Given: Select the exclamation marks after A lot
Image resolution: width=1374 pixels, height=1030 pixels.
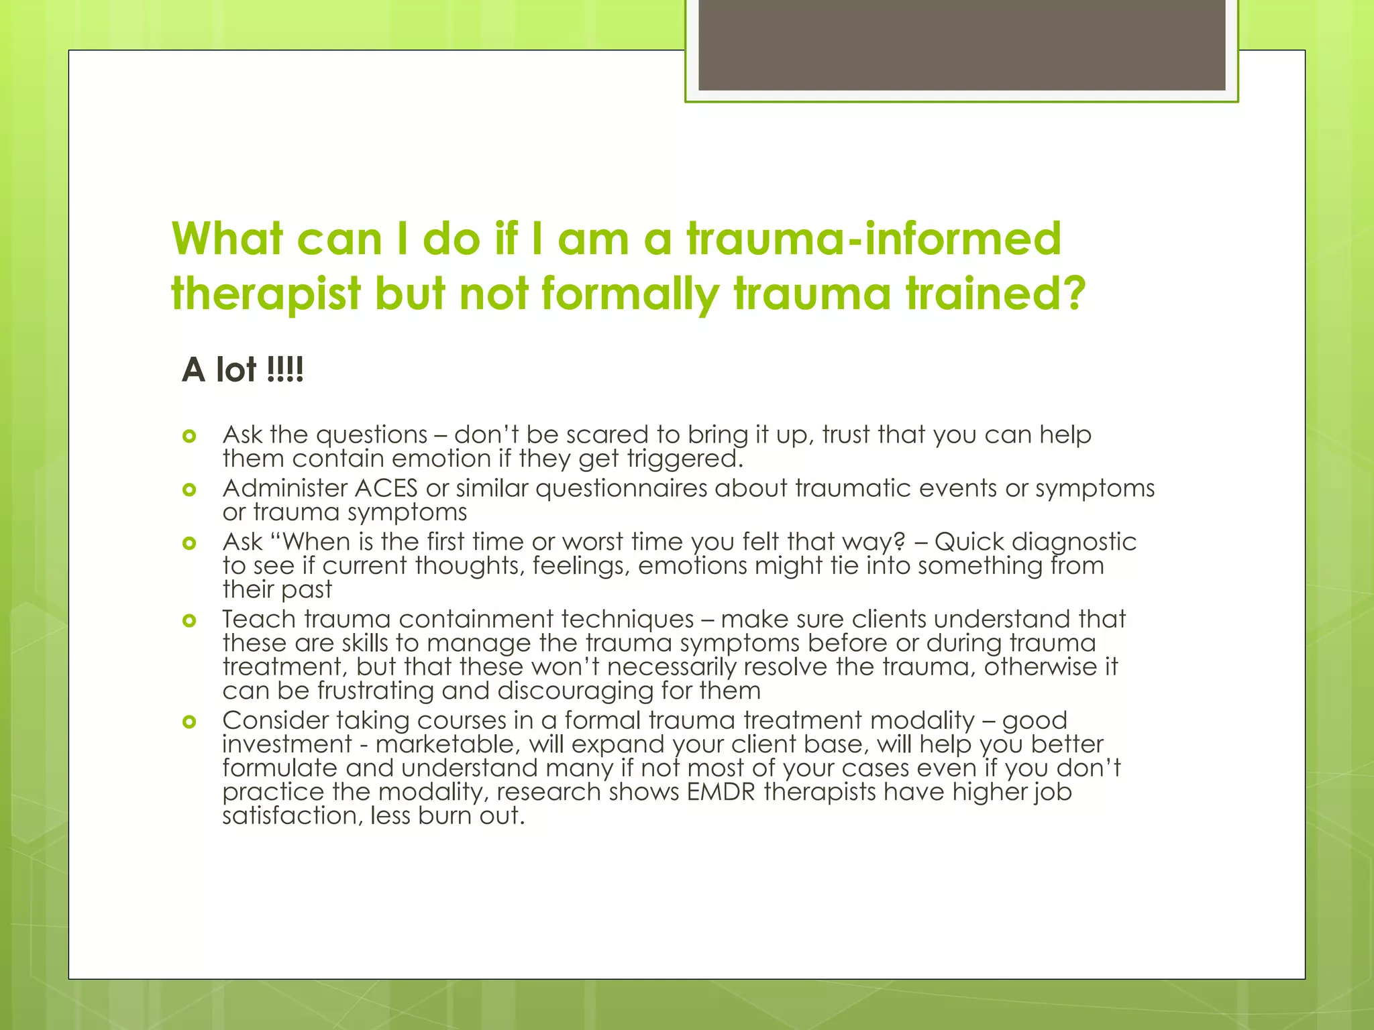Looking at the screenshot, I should click(285, 369).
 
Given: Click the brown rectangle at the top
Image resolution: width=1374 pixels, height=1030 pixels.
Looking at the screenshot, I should click(961, 44).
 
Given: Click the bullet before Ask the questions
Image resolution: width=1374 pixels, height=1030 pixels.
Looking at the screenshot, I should click(189, 437).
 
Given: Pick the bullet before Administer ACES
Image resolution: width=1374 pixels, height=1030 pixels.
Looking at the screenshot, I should click(189, 490).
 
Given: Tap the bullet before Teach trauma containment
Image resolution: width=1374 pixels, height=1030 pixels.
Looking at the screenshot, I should click(189, 621).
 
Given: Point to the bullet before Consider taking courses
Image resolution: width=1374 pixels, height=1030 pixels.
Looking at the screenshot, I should click(189, 722).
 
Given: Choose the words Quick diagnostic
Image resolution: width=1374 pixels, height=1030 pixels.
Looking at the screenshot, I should click(1035, 542).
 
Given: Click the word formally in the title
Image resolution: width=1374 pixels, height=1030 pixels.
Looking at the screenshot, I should click(631, 294).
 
